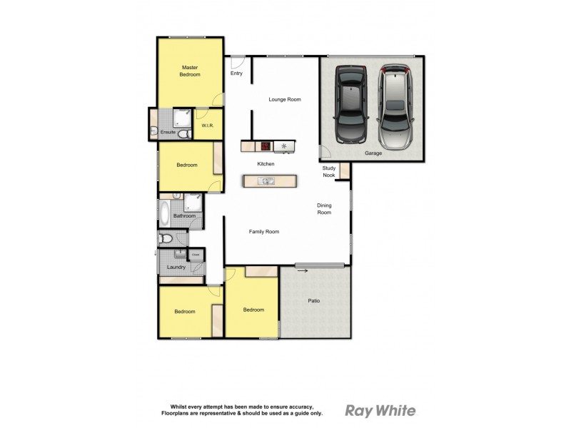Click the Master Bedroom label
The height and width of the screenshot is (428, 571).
(x=189, y=70)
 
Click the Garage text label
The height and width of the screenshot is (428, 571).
(x=372, y=153)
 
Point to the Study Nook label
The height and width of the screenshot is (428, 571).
(x=329, y=171)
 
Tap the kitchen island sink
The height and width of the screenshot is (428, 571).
(x=266, y=181)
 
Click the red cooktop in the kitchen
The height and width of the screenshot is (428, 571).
(x=265, y=146)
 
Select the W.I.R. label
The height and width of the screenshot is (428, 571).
(x=208, y=127)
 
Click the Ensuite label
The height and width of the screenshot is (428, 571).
(x=168, y=132)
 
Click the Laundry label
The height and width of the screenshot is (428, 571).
(x=176, y=267)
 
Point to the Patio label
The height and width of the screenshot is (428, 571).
(x=314, y=300)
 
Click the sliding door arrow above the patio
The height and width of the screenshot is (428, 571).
(x=303, y=270)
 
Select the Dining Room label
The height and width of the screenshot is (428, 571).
(x=325, y=209)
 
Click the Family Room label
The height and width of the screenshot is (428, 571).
(x=263, y=232)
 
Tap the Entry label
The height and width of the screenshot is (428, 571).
(x=237, y=73)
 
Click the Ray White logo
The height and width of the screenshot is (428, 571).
(x=380, y=410)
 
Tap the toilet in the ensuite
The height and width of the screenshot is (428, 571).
(x=155, y=131)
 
